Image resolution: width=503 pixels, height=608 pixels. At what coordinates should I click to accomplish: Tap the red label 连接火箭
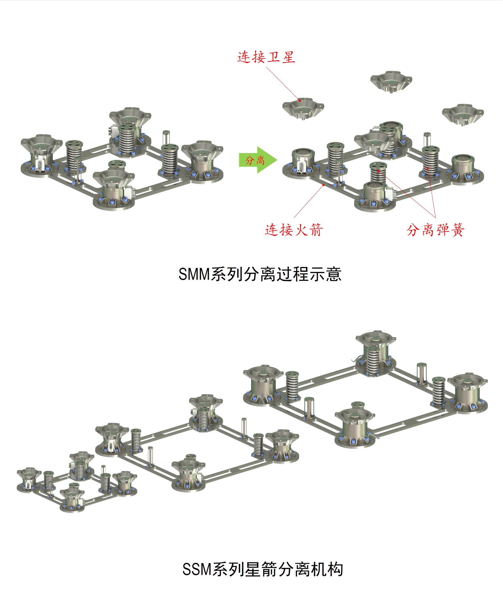click(294, 230)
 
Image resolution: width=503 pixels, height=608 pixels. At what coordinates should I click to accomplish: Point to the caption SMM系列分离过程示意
click(260, 274)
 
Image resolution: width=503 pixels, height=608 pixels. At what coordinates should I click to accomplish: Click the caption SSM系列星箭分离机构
click(263, 569)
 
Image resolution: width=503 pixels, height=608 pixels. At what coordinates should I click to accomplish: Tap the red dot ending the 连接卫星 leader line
click(300, 101)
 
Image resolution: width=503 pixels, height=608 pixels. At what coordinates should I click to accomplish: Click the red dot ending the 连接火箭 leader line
click(323, 184)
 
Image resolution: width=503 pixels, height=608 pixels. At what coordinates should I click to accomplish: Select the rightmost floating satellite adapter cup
click(462, 114)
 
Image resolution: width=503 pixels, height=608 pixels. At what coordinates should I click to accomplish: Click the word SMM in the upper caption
click(194, 274)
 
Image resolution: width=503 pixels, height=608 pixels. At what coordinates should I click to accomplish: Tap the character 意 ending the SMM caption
click(334, 274)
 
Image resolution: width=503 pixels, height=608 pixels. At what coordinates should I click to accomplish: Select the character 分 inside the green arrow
click(249, 160)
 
